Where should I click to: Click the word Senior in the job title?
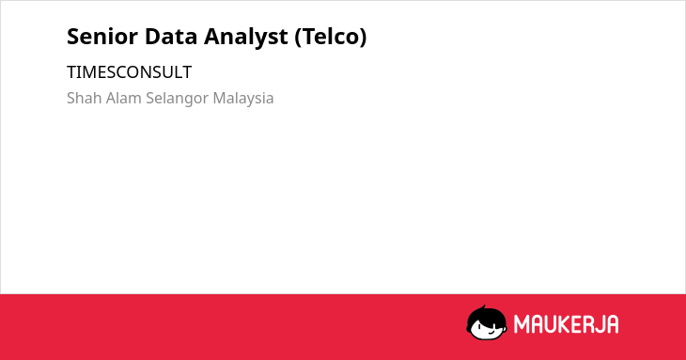click(x=101, y=37)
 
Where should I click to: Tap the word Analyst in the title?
click(x=246, y=38)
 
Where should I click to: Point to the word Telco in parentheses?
click(x=330, y=37)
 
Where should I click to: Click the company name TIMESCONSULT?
click(x=129, y=72)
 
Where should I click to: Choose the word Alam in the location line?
click(x=124, y=98)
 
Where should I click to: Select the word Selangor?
click(x=178, y=99)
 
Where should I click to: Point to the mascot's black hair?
click(x=486, y=316)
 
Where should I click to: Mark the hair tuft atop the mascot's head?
click(x=483, y=307)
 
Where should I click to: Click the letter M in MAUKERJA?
click(x=521, y=324)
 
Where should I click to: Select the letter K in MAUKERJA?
click(x=565, y=324)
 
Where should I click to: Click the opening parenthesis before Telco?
click(x=298, y=38)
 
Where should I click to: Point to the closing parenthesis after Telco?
click(x=363, y=38)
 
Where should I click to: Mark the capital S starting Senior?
click(x=72, y=37)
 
